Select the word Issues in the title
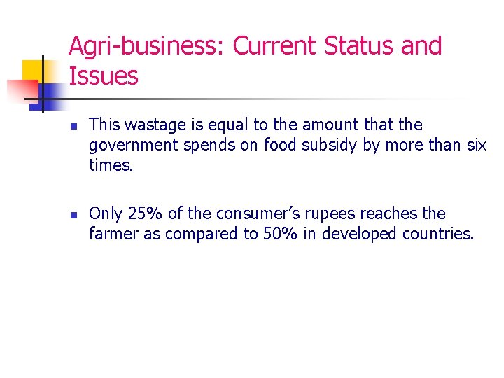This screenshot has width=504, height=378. [x=104, y=76]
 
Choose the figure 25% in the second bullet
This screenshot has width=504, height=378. [x=143, y=213]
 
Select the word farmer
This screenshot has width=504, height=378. [x=113, y=234]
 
